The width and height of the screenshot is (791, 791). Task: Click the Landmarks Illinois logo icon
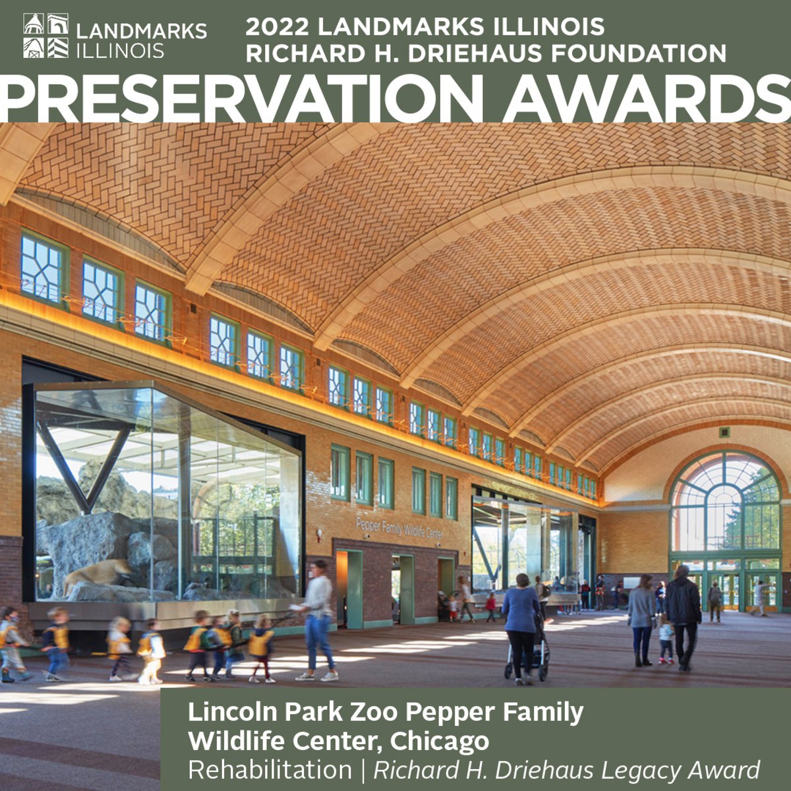[45, 36]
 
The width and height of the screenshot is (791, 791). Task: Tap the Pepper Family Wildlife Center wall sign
[399, 528]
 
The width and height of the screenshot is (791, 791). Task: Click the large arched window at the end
[725, 501]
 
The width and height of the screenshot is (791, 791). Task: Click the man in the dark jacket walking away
[682, 613]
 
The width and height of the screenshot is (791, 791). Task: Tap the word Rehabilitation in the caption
[270, 770]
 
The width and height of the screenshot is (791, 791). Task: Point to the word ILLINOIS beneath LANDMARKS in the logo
[121, 51]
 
